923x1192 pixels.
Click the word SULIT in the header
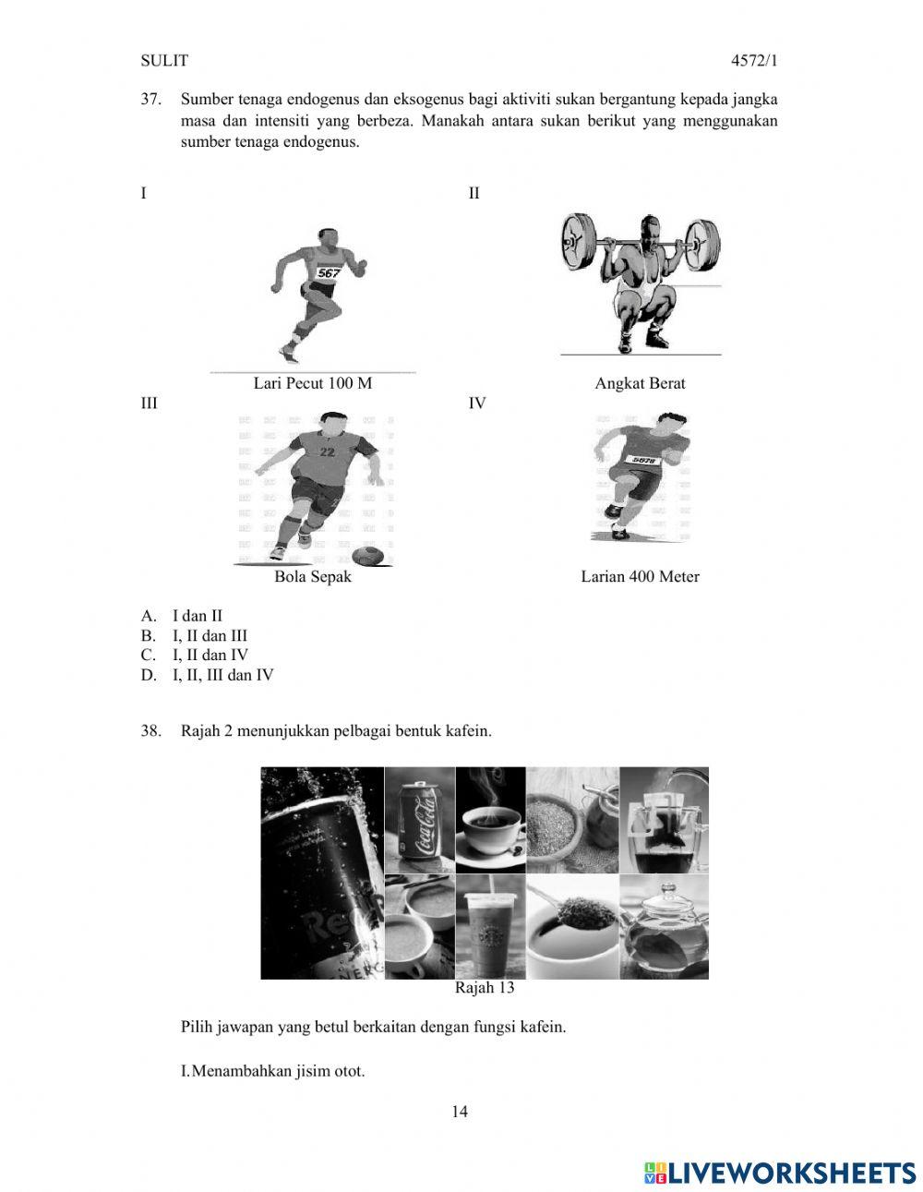(163, 61)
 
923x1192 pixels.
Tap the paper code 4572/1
(753, 61)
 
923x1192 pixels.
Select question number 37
(151, 99)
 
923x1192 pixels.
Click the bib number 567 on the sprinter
(329, 272)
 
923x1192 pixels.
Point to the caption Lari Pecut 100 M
(312, 383)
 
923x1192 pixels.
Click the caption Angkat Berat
(640, 383)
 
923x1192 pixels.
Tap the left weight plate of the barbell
(580, 242)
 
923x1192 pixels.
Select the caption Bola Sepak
(312, 576)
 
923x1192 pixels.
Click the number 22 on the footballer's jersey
(327, 452)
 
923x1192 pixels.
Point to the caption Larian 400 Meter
(640, 576)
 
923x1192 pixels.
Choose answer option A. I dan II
(183, 616)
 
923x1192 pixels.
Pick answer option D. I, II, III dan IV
(208, 675)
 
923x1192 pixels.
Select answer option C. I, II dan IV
(195, 656)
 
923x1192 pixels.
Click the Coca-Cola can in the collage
(420, 820)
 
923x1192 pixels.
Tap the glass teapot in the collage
(664, 927)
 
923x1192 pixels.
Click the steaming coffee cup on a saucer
(490, 822)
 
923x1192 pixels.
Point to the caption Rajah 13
(485, 988)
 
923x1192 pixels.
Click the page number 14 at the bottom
(460, 1112)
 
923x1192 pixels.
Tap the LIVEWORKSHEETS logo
(779, 1173)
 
